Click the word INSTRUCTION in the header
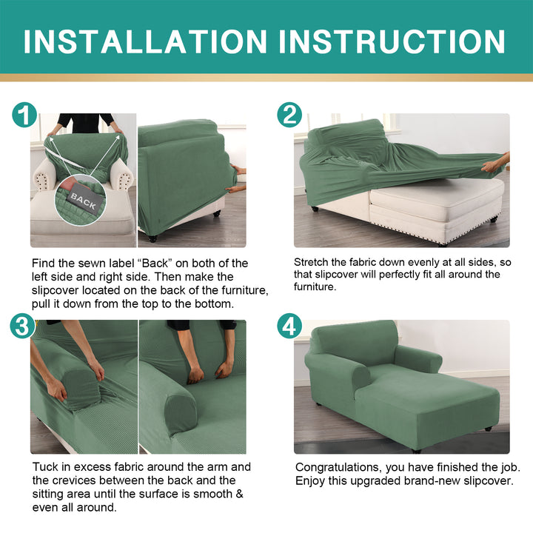click(392, 41)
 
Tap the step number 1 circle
click(24, 115)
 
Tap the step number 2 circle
click(289, 115)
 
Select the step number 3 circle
click(22, 326)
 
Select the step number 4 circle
click(289, 326)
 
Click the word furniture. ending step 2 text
click(315, 286)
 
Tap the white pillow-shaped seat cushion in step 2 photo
click(437, 192)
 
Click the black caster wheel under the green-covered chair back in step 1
click(152, 238)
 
